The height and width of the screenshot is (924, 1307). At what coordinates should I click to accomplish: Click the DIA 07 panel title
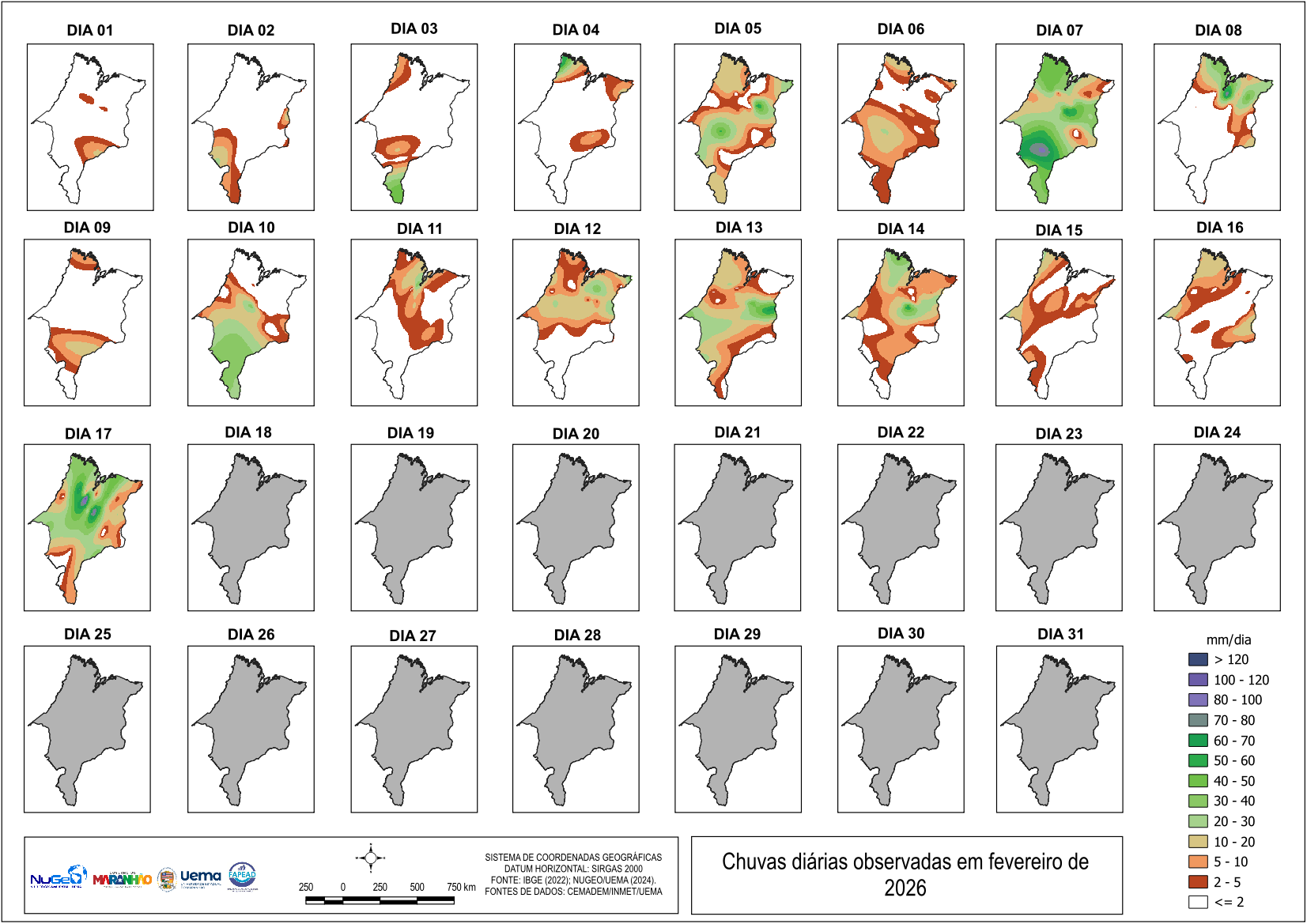[x=1059, y=30]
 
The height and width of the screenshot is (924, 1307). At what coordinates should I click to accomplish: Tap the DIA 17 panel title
[x=88, y=434]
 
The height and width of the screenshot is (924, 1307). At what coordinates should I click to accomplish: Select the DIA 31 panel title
[x=1060, y=634]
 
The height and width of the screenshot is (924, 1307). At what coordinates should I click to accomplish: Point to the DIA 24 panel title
[x=1217, y=432]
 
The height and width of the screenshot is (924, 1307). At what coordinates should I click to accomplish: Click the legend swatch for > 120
[x=1198, y=659]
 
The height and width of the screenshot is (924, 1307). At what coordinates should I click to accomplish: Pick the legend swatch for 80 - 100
[x=1198, y=700]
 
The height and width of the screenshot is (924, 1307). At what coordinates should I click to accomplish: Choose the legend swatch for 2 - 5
[x=1198, y=882]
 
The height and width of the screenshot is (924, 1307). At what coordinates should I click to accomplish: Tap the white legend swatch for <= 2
[x=1198, y=902]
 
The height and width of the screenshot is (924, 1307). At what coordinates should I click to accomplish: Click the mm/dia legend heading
[x=1228, y=639]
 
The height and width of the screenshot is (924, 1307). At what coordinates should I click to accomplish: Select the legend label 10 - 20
[x=1234, y=842]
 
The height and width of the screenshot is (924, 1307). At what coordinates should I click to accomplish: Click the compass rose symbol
[x=371, y=858]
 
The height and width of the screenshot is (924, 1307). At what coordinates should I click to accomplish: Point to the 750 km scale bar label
[x=461, y=887]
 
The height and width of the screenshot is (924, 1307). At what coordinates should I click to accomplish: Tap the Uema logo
[x=200, y=877]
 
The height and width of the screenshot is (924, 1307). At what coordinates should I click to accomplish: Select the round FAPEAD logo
[x=242, y=876]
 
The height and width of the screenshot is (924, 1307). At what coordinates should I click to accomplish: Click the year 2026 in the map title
[x=905, y=888]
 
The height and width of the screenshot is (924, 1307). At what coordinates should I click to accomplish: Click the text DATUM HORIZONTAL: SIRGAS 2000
[x=573, y=869]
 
